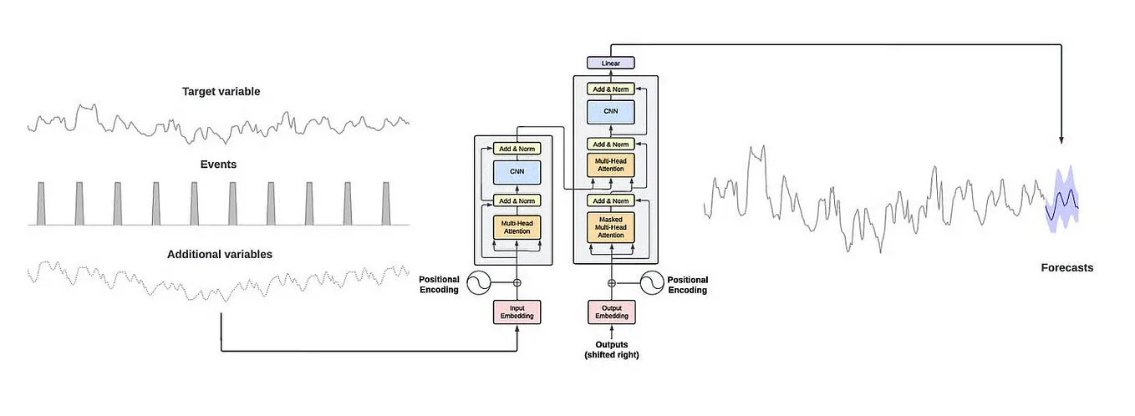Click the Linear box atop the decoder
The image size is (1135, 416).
pyautogui.click(x=611, y=63)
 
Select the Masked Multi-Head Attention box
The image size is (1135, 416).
pyautogui.click(x=611, y=226)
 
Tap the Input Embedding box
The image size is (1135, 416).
pyautogui.click(x=517, y=312)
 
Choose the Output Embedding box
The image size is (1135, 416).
pyautogui.click(x=611, y=312)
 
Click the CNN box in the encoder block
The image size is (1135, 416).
pyautogui.click(x=517, y=173)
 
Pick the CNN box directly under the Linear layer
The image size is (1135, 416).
pyautogui.click(x=611, y=112)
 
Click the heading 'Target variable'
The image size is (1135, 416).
pyautogui.click(x=221, y=91)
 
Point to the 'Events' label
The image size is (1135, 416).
pyautogui.click(x=218, y=165)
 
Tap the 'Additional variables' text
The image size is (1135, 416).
pyautogui.click(x=220, y=254)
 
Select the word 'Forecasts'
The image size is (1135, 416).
pyautogui.click(x=1066, y=267)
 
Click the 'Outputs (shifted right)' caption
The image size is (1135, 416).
pyautogui.click(x=612, y=349)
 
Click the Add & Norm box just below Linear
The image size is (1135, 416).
pyautogui.click(x=611, y=89)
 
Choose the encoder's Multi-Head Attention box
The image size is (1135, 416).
pyautogui.click(x=517, y=226)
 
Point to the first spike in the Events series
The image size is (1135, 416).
pyautogui.click(x=41, y=204)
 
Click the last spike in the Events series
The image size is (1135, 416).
pyautogui.click(x=386, y=204)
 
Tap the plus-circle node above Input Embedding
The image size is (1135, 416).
pyautogui.click(x=517, y=283)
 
